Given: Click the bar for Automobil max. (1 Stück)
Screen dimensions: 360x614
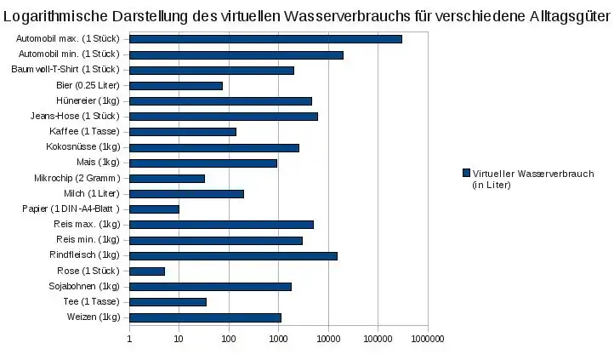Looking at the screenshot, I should tap(265, 39).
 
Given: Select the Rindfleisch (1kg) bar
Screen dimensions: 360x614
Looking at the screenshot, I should tap(233, 255).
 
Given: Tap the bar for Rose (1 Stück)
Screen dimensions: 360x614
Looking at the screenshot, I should tap(147, 271).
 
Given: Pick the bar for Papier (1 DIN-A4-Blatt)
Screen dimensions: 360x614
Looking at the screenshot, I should tap(154, 209).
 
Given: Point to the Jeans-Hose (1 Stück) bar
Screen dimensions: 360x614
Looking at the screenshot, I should tap(223, 116).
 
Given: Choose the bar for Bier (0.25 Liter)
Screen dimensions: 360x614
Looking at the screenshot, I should tap(175, 85).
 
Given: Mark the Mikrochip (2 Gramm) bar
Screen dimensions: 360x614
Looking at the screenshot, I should tap(167, 179).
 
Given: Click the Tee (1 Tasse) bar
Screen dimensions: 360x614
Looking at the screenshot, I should tap(168, 302).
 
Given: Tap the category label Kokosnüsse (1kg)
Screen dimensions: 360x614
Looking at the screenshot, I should tap(83, 147).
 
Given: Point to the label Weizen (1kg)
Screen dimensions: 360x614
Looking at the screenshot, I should tap(94, 317).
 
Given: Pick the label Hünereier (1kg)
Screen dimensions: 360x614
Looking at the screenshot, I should tap(88, 100).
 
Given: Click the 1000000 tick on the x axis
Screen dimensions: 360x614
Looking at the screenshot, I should tap(428, 339).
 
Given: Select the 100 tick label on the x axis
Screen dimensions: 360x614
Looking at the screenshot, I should tap(229, 339).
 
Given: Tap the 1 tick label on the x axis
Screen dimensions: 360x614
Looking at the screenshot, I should tap(129, 339).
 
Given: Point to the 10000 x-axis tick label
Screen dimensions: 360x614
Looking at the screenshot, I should tap(328, 339).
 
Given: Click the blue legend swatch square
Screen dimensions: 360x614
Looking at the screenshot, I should tap(465, 173).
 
